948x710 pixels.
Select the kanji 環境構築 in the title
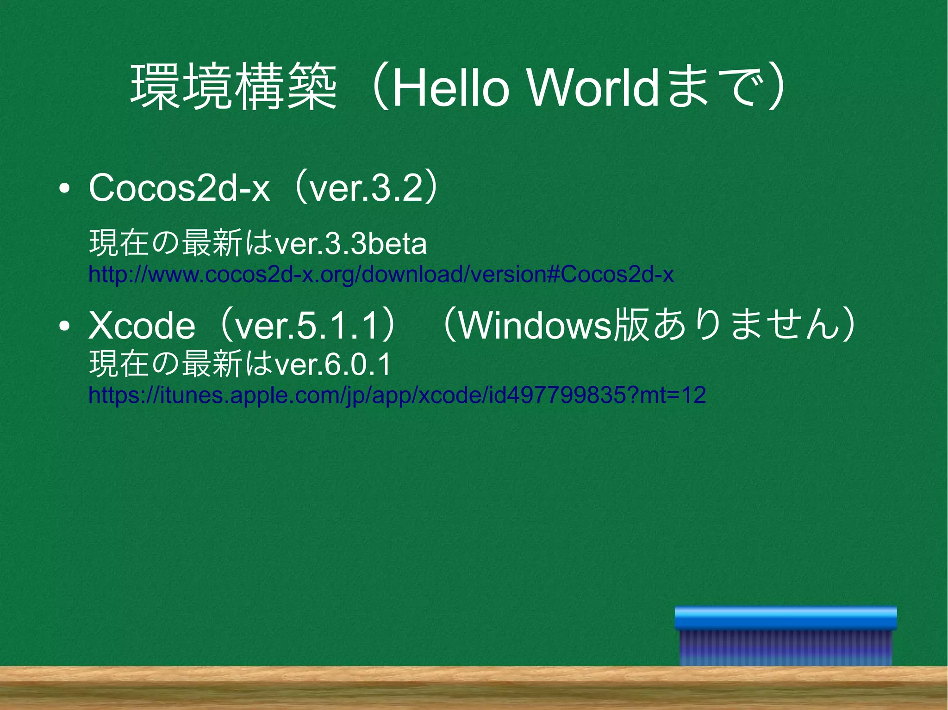click(x=233, y=88)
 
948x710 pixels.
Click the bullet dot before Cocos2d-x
click(x=65, y=189)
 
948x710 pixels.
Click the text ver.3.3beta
click(x=350, y=244)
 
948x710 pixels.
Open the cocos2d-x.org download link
click(x=380, y=274)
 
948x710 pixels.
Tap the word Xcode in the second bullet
click(x=142, y=326)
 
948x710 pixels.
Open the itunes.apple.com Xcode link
click(x=397, y=395)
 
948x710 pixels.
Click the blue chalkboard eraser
click(x=786, y=636)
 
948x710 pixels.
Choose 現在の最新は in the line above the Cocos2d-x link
click(x=181, y=244)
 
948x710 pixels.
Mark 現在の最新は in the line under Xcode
click(x=181, y=364)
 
